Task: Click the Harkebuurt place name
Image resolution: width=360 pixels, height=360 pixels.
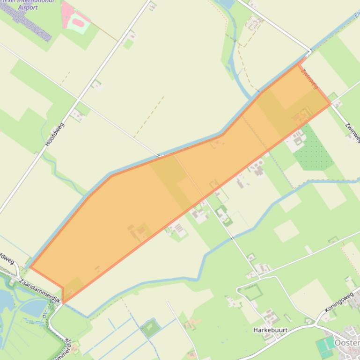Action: tap(270, 330)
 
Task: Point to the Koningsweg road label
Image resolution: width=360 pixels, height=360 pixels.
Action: tap(339, 303)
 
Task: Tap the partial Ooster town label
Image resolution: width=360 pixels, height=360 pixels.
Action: tap(347, 343)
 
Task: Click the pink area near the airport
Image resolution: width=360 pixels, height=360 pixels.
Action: tap(75, 18)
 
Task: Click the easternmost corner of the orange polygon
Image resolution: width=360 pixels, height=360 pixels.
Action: tap(331, 103)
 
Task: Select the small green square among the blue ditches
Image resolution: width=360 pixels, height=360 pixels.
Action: tap(150, 327)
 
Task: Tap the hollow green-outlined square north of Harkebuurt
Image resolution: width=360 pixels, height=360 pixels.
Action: tap(252, 292)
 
